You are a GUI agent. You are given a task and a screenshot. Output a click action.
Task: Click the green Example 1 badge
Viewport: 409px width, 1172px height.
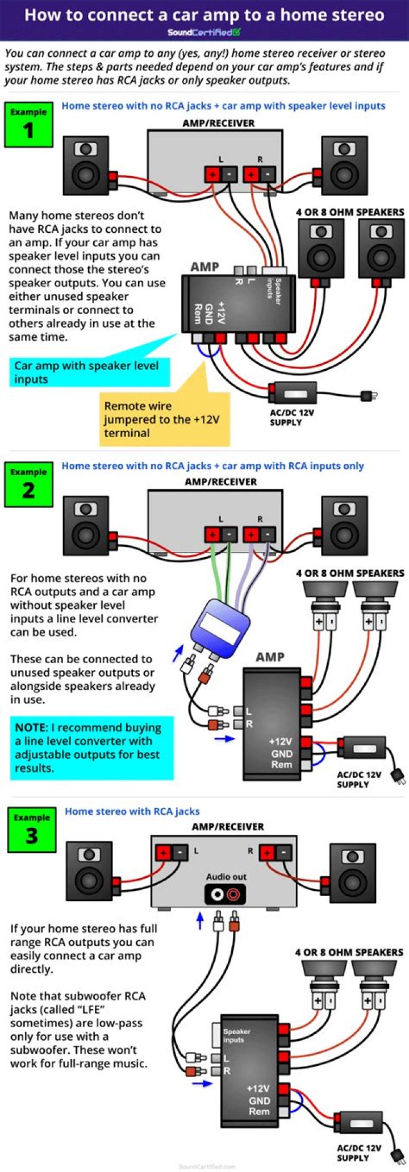pyautogui.click(x=28, y=124)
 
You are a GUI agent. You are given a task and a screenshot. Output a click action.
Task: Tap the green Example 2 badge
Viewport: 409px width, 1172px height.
pyautogui.click(x=28, y=484)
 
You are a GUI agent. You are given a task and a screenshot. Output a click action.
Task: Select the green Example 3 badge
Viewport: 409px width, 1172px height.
pyautogui.click(x=32, y=830)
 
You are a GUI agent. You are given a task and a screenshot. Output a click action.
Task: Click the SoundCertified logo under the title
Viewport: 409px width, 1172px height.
pyautogui.click(x=204, y=32)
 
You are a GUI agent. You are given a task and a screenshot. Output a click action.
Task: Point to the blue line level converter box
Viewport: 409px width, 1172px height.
pyautogui.click(x=220, y=623)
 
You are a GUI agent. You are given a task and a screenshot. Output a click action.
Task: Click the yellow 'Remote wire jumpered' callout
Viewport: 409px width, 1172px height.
pyautogui.click(x=164, y=418)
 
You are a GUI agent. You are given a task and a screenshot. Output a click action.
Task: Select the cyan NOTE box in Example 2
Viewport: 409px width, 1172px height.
pyautogui.click(x=91, y=747)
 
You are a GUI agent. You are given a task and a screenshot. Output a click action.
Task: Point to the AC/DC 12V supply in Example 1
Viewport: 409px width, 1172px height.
pyautogui.click(x=293, y=392)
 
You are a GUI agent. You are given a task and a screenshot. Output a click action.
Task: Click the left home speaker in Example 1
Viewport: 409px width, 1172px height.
pyautogui.click(x=86, y=165)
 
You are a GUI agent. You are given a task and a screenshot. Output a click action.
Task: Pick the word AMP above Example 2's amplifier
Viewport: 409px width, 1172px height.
pyautogui.click(x=270, y=657)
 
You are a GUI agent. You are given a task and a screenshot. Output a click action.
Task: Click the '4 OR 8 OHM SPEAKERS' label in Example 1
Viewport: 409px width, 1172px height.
pyautogui.click(x=349, y=212)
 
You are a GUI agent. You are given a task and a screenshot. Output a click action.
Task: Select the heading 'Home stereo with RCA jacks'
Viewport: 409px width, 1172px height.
pyautogui.click(x=132, y=811)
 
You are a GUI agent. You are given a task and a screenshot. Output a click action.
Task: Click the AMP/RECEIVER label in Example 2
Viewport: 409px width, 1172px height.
pyautogui.click(x=220, y=482)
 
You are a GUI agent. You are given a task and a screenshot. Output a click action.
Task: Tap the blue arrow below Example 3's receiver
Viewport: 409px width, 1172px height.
pyautogui.click(x=199, y=920)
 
